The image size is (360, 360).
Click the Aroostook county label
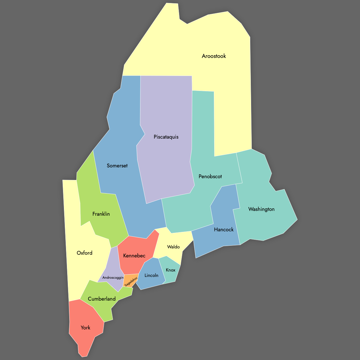point(214,56)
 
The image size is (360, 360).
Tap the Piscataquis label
point(166,137)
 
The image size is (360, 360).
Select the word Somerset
point(117,166)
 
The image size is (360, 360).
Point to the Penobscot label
point(210,176)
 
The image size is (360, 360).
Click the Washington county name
point(261,209)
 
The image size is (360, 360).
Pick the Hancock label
point(223,229)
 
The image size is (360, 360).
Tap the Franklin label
point(101,214)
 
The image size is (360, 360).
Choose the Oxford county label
point(84,253)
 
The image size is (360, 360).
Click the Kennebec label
point(134,256)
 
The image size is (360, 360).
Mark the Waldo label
point(173,247)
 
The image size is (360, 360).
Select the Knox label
point(170,270)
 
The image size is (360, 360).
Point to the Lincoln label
point(151,275)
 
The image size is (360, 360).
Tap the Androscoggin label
point(113,278)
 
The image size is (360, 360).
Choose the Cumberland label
point(102,299)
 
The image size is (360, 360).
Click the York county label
point(85,328)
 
